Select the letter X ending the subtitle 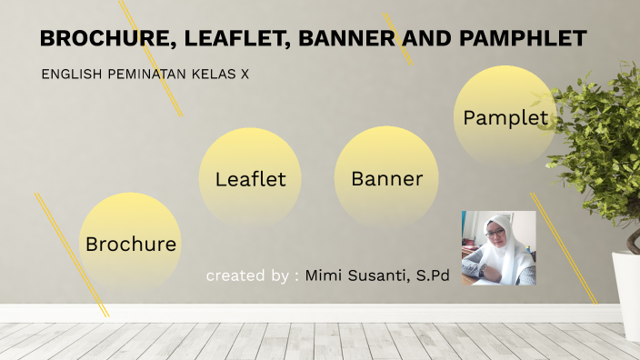click(245, 74)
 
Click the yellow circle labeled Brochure click(131, 242)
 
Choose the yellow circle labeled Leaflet click(250, 178)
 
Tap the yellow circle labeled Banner click(386, 178)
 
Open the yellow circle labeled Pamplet click(505, 116)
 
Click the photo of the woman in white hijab click(498, 247)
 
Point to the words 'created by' click(247, 275)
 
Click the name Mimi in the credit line click(325, 275)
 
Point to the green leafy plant click(600, 145)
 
